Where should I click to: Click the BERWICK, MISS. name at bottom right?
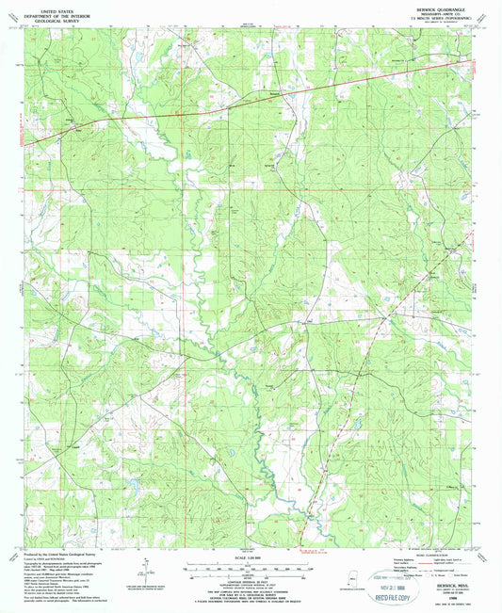click(x=429, y=585)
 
